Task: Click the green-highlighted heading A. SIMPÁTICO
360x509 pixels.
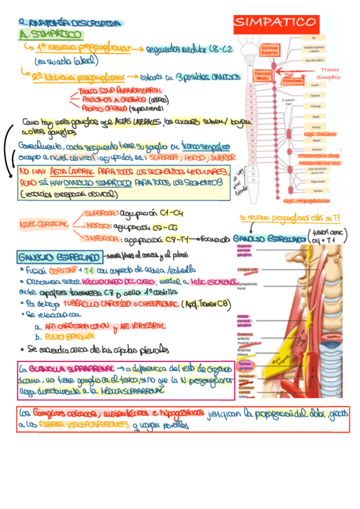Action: [51, 35]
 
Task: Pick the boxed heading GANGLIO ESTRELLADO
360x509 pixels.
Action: [60, 256]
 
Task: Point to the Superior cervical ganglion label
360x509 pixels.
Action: [244, 250]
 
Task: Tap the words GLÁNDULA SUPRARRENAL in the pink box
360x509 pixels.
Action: [67, 369]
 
